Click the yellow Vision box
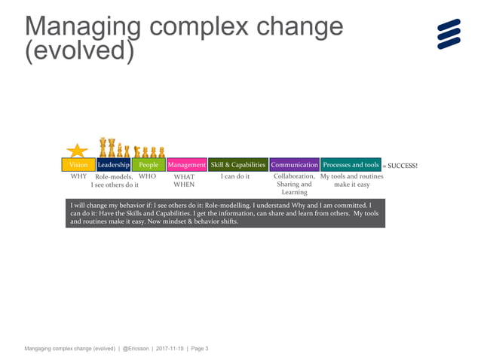pyautogui.click(x=78, y=165)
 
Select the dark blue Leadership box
pyautogui.click(x=114, y=165)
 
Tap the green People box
pyautogui.click(x=149, y=165)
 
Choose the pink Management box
pyautogui.click(x=187, y=165)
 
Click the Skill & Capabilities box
pyautogui.click(x=238, y=165)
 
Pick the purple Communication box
pyautogui.click(x=294, y=165)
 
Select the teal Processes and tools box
pyautogui.click(x=351, y=165)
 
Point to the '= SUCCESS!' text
pyautogui.click(x=400, y=166)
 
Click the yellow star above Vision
pyautogui.click(x=78, y=150)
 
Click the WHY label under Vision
pyautogui.click(x=79, y=177)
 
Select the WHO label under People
pyautogui.click(x=147, y=176)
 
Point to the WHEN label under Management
pyautogui.click(x=184, y=185)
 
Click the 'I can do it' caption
pyautogui.click(x=235, y=177)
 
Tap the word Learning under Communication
pyautogui.click(x=294, y=193)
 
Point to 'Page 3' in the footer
pyautogui.click(x=198, y=349)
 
